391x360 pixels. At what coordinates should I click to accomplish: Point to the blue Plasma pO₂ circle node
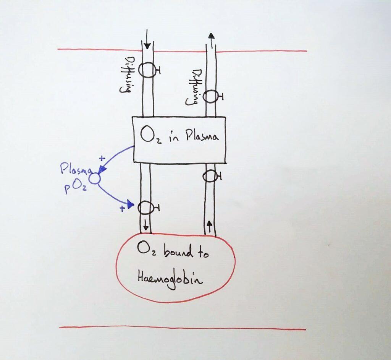94,178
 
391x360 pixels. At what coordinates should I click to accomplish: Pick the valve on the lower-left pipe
145,208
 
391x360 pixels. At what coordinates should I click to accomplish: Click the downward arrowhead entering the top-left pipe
147,46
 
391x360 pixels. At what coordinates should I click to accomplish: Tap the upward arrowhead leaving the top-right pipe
211,36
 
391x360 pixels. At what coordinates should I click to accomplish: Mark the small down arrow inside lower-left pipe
145,227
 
